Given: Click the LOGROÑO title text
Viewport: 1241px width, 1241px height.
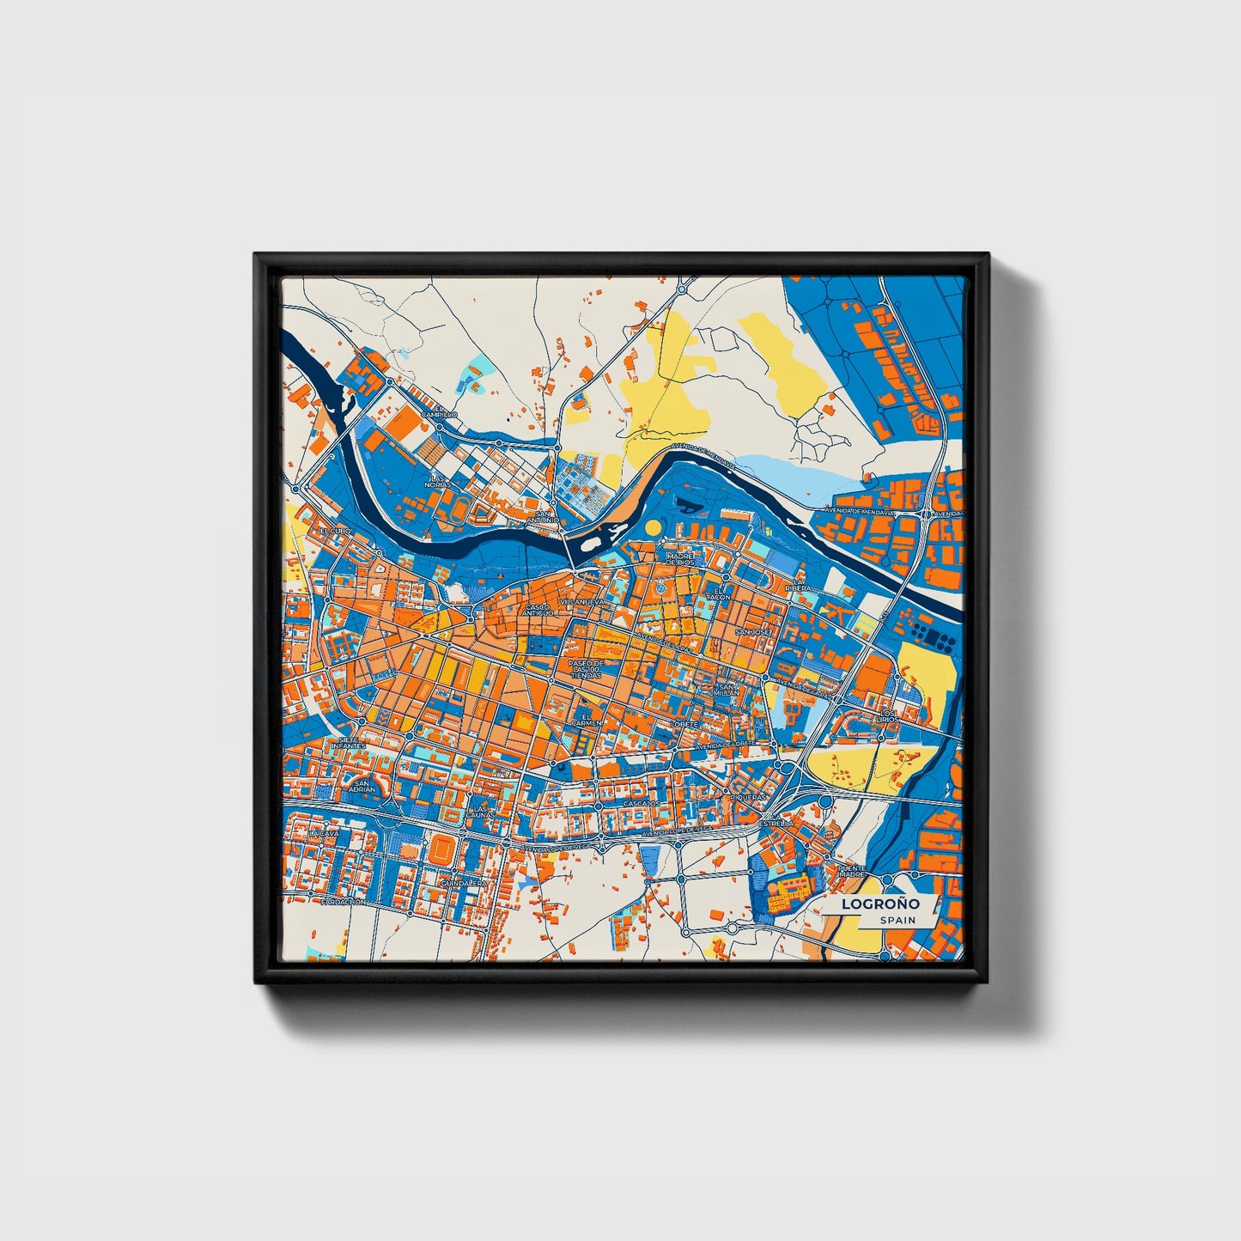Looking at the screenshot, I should point(880,903).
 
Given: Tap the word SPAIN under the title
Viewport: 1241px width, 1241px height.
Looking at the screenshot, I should point(897,920).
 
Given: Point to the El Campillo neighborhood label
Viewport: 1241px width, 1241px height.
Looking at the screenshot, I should point(445,411).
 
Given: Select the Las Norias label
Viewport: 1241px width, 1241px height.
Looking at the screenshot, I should point(439,481).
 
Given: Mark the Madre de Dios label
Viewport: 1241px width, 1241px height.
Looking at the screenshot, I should point(678,559).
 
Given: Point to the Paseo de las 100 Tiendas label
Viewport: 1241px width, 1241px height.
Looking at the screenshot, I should point(587,669).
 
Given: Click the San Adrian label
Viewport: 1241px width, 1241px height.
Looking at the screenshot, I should point(363,786).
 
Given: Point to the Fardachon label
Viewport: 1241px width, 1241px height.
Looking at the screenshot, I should point(344,903).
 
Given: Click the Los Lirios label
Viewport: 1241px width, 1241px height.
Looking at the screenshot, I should point(886,715).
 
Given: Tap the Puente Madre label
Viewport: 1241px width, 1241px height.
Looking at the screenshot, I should point(851,871).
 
